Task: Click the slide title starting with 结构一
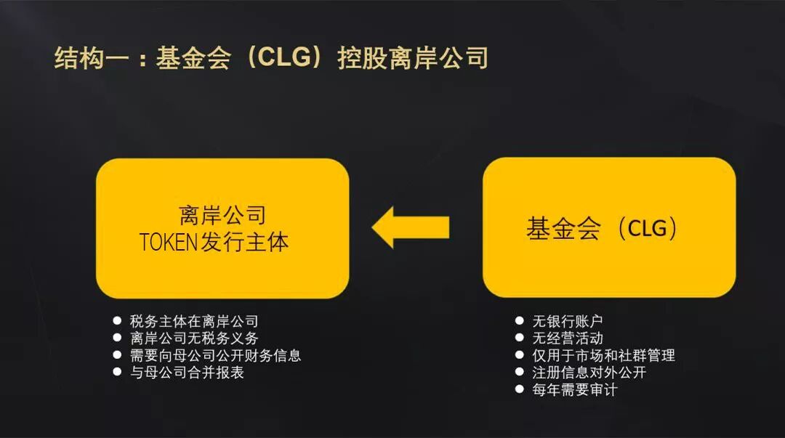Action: click(270, 59)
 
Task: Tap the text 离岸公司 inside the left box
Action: click(222, 215)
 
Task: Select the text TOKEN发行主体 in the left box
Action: click(214, 242)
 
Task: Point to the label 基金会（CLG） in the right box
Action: click(603, 229)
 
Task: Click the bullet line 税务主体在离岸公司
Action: click(194, 321)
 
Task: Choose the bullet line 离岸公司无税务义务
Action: click(194, 338)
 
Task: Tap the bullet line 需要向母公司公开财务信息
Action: click(215, 356)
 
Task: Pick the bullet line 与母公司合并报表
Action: click(187, 373)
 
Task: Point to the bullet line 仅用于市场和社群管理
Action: click(603, 355)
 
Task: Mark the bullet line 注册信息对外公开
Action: click(589, 373)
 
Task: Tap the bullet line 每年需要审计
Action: click(575, 390)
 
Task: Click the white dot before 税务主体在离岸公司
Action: click(117, 320)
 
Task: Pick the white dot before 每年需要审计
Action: click(519, 389)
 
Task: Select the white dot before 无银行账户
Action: click(519, 320)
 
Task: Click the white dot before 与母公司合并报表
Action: click(117, 372)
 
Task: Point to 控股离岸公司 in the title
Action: click(412, 59)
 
